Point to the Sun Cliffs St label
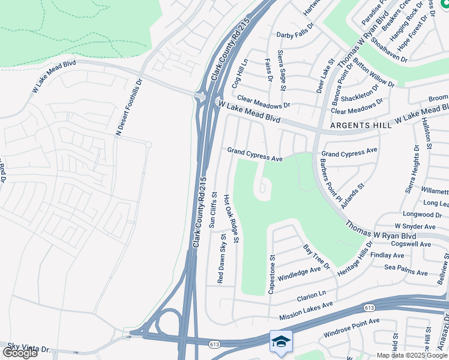212,209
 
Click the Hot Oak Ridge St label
231,218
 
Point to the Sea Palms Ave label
406,268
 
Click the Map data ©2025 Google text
411,355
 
